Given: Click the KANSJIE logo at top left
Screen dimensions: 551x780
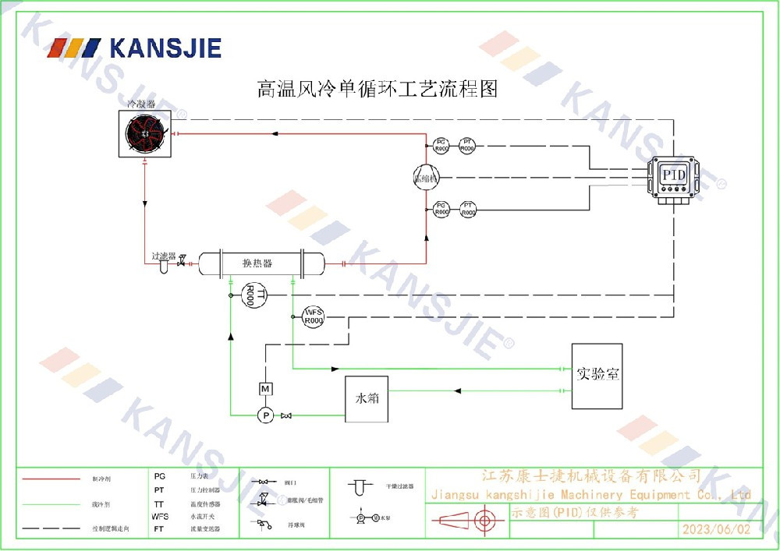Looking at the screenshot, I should tap(135, 48).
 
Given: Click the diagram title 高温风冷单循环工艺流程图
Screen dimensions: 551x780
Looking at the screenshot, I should tap(378, 88).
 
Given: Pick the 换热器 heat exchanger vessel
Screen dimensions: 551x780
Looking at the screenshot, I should tap(261, 264).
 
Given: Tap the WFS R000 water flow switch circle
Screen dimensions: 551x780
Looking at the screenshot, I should tap(314, 316).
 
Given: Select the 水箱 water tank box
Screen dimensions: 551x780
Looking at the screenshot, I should tap(367, 398).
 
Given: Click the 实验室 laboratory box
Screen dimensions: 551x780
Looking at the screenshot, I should tap(597, 375).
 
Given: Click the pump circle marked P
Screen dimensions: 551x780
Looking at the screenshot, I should tap(265, 415).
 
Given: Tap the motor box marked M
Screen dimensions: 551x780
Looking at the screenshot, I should tap(265, 388).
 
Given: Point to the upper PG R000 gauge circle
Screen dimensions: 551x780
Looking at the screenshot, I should tap(441, 144).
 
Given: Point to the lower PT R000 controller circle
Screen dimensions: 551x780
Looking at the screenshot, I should tap(468, 208).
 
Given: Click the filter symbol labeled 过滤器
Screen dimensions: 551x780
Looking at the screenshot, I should tap(164, 266).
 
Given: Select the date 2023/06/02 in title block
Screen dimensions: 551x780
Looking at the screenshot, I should tap(715, 528).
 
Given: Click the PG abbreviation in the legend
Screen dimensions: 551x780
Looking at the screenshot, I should tap(159, 475).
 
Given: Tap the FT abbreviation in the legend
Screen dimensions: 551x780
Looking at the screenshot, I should tap(159, 528).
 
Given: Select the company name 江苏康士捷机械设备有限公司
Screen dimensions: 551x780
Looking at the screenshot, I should tap(593, 476).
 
